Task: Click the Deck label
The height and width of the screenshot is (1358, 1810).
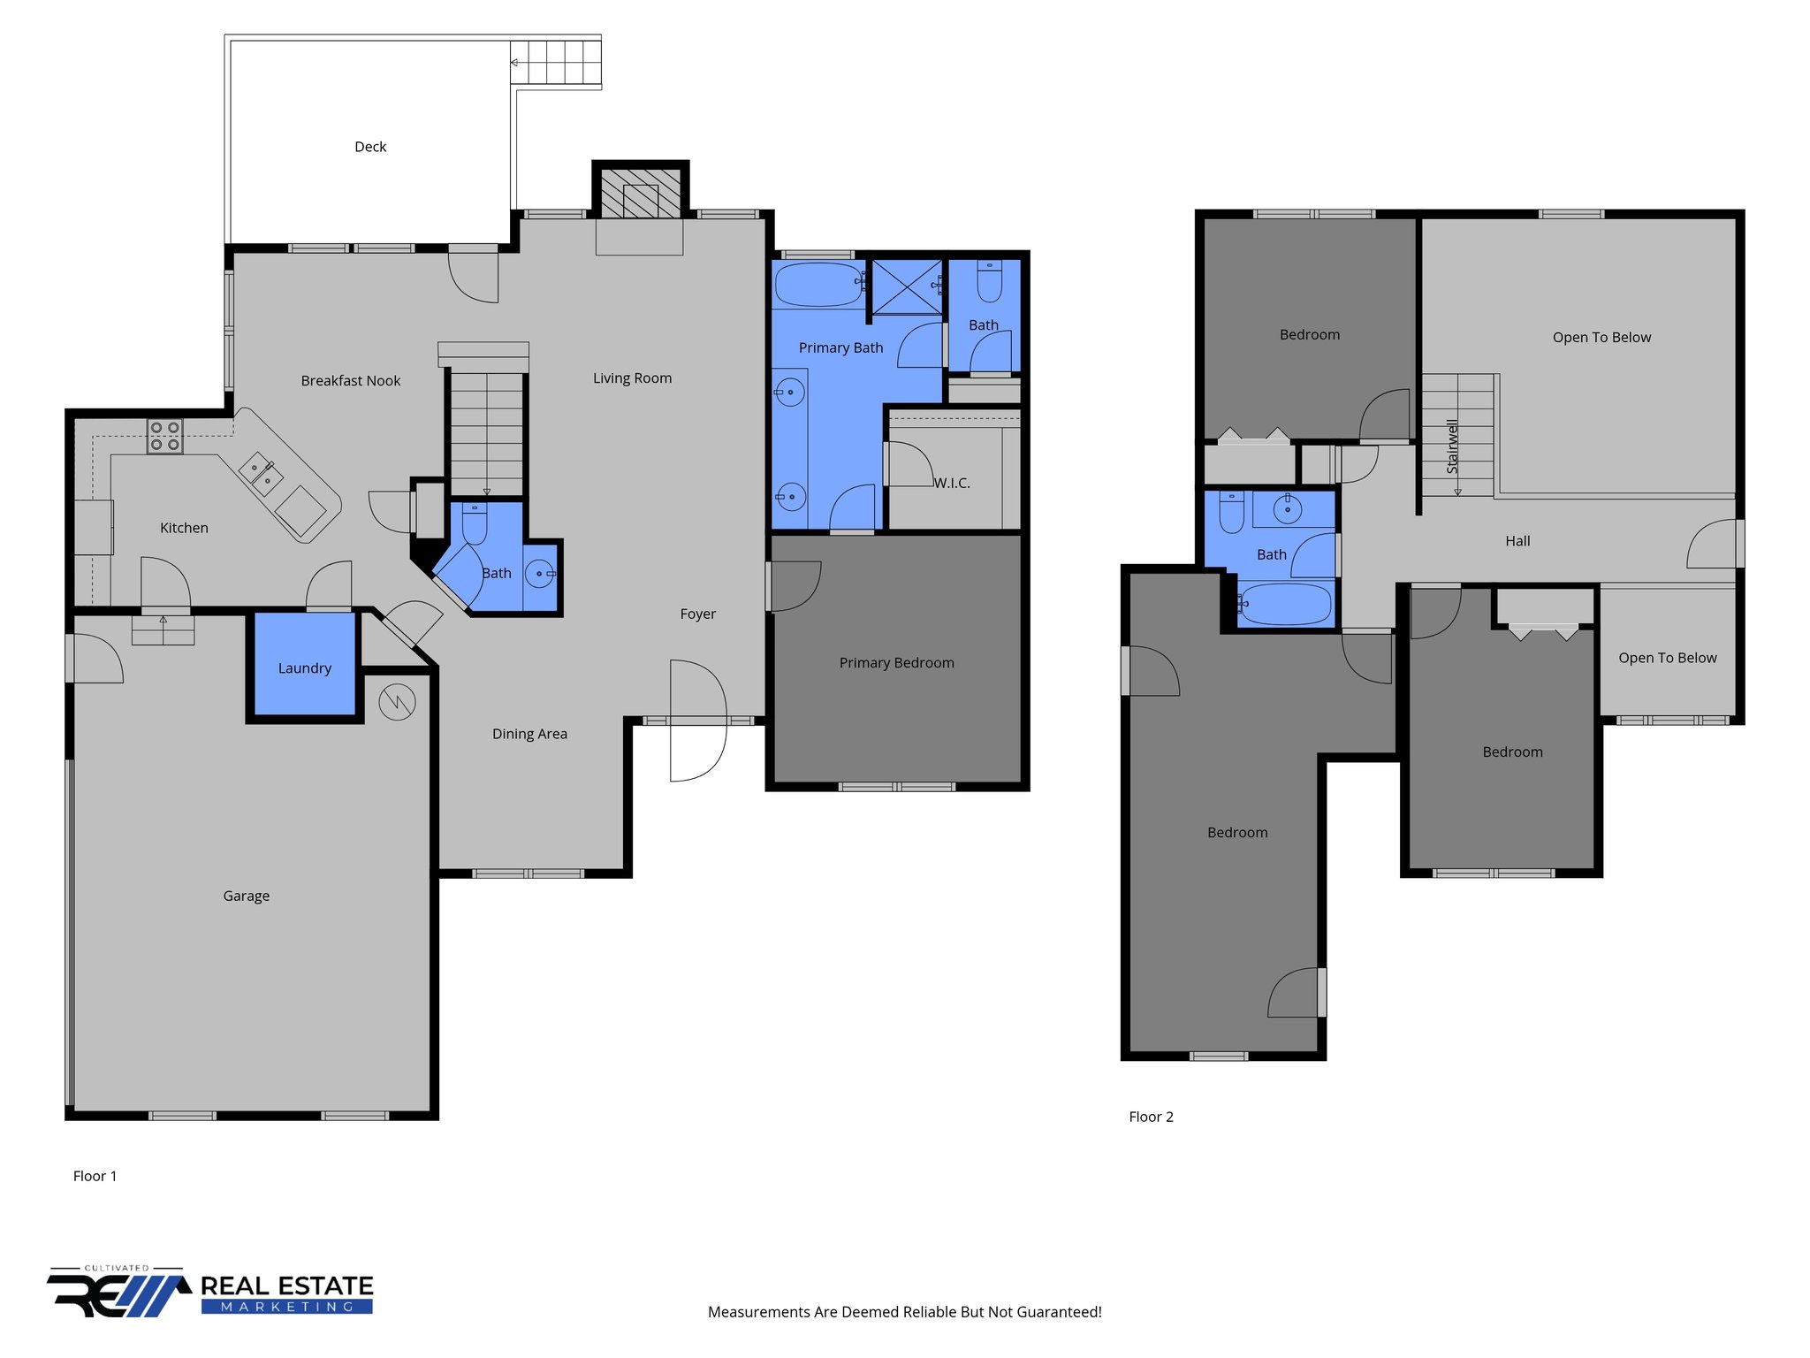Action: pyautogui.click(x=370, y=147)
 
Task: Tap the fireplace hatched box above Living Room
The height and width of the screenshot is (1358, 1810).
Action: pyautogui.click(x=641, y=192)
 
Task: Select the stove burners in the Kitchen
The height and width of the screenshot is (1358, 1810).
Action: pyautogui.click(x=164, y=437)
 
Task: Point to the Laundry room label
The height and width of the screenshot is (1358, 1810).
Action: pyautogui.click(x=304, y=668)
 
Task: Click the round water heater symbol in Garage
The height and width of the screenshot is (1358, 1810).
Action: pyautogui.click(x=397, y=702)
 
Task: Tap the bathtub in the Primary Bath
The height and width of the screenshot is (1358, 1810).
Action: pyautogui.click(x=819, y=284)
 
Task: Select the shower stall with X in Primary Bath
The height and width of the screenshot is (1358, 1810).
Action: pyautogui.click(x=907, y=285)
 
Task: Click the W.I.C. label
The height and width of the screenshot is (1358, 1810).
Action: pyautogui.click(x=952, y=483)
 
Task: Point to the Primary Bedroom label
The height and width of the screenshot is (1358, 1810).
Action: pyautogui.click(x=896, y=663)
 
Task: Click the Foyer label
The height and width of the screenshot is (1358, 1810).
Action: pyautogui.click(x=697, y=614)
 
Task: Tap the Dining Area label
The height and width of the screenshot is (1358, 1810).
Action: pyautogui.click(x=529, y=734)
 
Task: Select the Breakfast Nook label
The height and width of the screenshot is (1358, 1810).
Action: pyautogui.click(x=350, y=381)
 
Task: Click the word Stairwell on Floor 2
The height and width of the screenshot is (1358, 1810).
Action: pyautogui.click(x=1452, y=446)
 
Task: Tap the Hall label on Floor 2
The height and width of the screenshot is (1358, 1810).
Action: pyautogui.click(x=1517, y=541)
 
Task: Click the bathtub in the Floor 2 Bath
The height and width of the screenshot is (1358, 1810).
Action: pyautogui.click(x=1286, y=605)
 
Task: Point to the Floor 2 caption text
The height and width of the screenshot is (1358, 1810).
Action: pyautogui.click(x=1151, y=1117)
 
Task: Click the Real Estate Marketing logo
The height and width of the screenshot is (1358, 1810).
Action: pyautogui.click(x=210, y=1293)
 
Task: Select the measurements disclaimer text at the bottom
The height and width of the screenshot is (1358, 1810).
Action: pyautogui.click(x=904, y=1312)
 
